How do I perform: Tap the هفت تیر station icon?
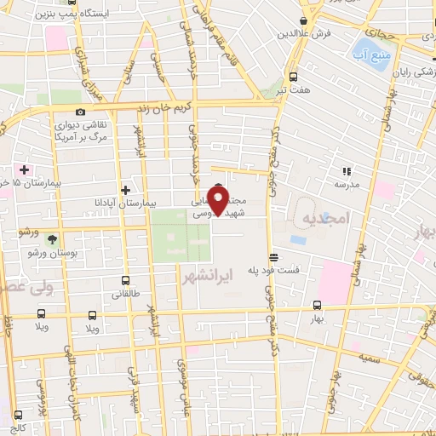(294, 74)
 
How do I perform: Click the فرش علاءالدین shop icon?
(304, 22)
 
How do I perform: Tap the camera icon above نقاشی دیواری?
(80, 112)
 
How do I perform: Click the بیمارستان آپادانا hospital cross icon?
(126, 190)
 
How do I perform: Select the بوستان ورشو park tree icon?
(53, 239)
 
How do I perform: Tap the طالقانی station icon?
(126, 280)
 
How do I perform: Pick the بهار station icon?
(317, 305)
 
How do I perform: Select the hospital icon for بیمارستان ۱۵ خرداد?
(26, 169)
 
